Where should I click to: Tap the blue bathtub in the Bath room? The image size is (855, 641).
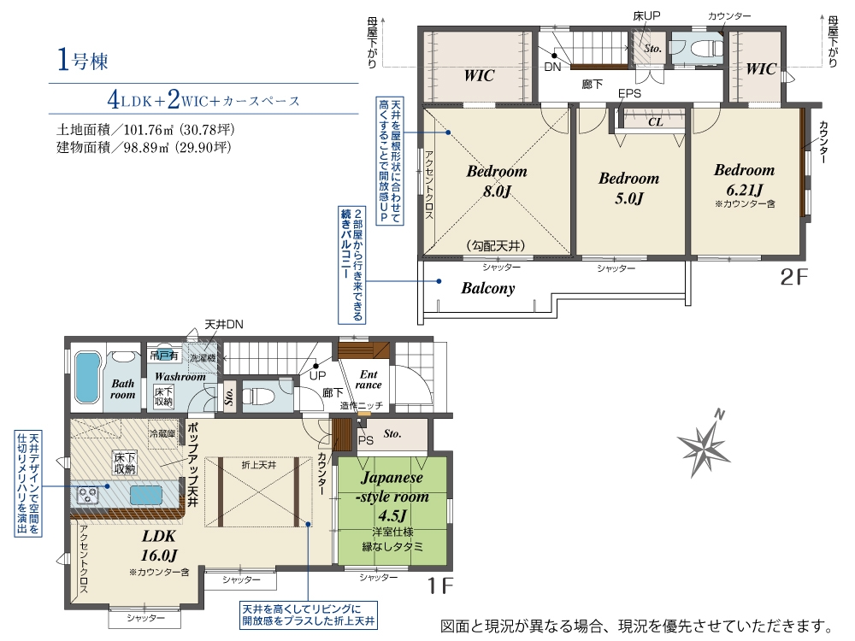[87, 377]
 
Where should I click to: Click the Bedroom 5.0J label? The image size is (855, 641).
[628, 188]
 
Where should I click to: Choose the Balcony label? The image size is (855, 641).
[488, 288]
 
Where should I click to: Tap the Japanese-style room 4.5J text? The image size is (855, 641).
[392, 496]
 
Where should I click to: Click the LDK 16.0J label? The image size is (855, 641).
[159, 545]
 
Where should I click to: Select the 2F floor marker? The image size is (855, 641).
[793, 277]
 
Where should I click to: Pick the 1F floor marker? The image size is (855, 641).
[439, 585]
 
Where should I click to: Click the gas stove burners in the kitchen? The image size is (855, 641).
[88, 496]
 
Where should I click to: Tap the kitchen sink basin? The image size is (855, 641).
[145, 496]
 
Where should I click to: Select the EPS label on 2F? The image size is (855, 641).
[629, 94]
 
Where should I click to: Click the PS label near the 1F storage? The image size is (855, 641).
[365, 440]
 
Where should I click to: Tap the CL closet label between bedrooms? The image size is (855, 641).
[656, 122]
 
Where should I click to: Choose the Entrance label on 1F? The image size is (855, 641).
[369, 379]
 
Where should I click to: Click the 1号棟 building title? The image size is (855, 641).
[82, 60]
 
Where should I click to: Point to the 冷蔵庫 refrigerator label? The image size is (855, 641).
[162, 434]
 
